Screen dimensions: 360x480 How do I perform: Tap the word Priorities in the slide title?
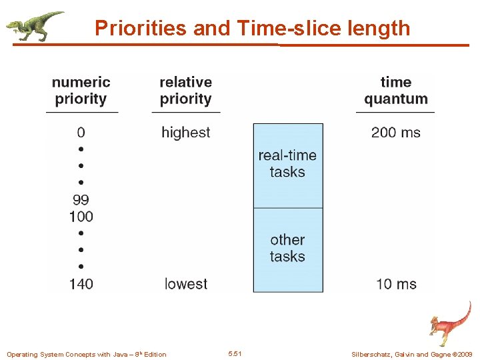(141, 28)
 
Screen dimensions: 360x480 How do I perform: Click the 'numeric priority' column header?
(81, 91)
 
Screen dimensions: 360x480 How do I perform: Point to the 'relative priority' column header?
(185, 91)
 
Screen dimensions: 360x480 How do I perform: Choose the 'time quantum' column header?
(395, 91)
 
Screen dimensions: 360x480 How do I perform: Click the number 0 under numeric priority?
(81, 132)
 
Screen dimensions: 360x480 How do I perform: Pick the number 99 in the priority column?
(81, 199)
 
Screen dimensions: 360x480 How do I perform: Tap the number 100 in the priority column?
(81, 216)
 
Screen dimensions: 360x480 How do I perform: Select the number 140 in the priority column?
(81, 284)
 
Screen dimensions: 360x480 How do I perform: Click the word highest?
(185, 132)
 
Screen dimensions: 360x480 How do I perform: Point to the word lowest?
(185, 284)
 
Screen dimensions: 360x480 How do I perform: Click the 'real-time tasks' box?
(287, 164)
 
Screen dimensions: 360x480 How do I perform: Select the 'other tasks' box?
(287, 248)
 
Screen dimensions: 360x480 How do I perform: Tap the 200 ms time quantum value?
(395, 132)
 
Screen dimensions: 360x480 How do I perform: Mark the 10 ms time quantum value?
(395, 284)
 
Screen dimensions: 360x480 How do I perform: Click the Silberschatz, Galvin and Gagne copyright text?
(411, 354)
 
